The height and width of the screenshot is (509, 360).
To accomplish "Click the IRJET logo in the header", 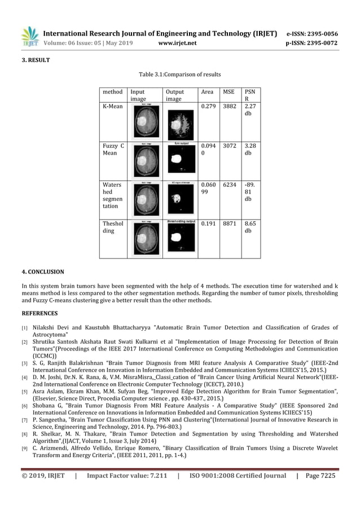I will (x=29, y=37).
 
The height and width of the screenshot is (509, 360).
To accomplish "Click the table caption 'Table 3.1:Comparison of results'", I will (x=180, y=74).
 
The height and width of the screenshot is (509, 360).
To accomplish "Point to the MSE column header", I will (x=229, y=91).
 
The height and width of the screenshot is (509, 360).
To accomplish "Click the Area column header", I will (x=207, y=91).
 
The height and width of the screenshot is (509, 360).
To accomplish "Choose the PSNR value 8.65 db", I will (x=249, y=227).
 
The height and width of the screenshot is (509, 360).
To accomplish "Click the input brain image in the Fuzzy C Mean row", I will (x=146, y=160).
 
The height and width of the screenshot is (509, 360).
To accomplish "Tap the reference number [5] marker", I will (x=24, y=391).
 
